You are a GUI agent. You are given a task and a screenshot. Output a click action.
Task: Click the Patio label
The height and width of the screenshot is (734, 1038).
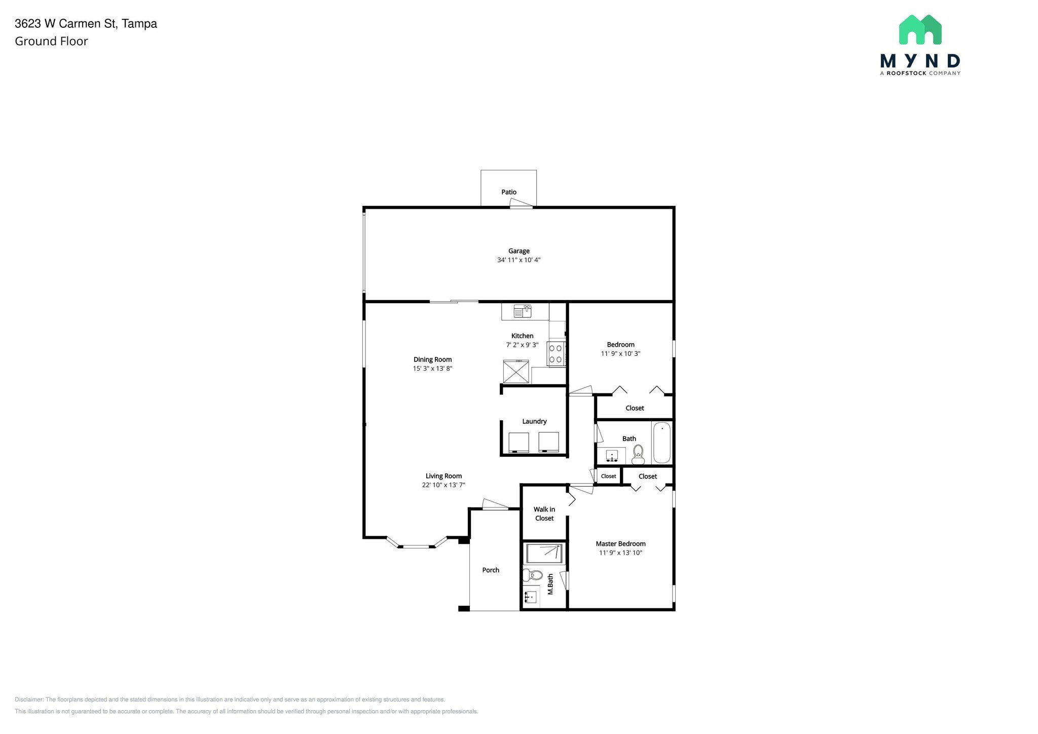click(x=509, y=192)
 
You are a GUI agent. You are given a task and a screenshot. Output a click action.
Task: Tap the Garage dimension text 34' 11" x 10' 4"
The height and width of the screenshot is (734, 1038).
click(x=518, y=260)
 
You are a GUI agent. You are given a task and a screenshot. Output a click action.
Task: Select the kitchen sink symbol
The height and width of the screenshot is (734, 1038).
click(x=522, y=311)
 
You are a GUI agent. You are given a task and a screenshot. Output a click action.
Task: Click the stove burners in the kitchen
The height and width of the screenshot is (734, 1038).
click(x=556, y=353)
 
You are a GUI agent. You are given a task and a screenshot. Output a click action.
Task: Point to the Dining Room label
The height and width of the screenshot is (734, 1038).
click(x=432, y=359)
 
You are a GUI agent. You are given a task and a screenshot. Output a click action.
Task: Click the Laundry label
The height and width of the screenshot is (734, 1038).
click(x=534, y=421)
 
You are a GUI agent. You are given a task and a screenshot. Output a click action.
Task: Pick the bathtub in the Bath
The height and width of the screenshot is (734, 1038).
click(x=661, y=443)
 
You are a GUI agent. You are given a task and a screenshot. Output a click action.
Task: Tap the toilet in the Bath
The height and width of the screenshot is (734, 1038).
click(x=638, y=455)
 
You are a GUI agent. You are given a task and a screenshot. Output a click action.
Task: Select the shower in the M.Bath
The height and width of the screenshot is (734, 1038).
click(x=544, y=554)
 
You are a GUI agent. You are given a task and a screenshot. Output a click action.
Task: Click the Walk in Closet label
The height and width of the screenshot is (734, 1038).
click(x=544, y=513)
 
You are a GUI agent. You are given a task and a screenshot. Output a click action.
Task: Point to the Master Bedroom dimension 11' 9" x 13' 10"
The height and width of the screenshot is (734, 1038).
click(x=620, y=553)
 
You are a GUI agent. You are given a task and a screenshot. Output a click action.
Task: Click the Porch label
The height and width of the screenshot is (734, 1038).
click(x=491, y=570)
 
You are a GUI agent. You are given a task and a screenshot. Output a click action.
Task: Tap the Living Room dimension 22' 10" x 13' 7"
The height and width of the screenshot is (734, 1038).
click(x=443, y=485)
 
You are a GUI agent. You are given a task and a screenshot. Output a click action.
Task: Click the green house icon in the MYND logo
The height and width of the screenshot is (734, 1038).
click(x=920, y=29)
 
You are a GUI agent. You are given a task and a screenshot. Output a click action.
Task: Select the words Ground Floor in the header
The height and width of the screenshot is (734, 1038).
click(x=51, y=42)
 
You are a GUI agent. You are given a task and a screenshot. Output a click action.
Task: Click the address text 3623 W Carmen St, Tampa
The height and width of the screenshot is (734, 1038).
click(x=86, y=24)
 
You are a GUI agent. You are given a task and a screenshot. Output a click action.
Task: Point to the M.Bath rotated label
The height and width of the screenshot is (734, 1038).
click(x=550, y=584)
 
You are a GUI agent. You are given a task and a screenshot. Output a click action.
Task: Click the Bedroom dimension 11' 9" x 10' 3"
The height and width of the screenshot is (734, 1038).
click(x=620, y=354)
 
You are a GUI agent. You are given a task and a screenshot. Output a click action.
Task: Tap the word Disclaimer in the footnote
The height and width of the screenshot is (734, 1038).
click(x=29, y=700)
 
